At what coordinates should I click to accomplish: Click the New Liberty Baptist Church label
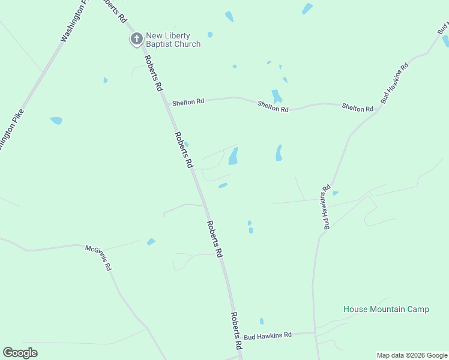pos(173,40)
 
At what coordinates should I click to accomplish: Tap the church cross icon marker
pos(136,40)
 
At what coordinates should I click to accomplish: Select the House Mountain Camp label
pos(386,310)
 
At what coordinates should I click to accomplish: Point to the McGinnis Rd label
pos(98,257)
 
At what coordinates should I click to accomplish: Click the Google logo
pos(20,353)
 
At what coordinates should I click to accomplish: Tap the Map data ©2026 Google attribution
pos(412,355)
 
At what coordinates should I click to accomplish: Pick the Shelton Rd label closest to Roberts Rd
pos(188,102)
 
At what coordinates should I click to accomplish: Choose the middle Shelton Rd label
pos(273,106)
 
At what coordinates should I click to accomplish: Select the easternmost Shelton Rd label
pos(358,107)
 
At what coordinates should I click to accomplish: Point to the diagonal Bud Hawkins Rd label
pos(394,83)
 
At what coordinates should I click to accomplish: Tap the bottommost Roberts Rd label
pos(236,331)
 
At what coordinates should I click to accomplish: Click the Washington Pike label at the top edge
pos(74,21)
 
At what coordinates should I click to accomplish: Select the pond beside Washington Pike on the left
pos(56,121)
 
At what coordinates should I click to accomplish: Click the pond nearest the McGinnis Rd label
pos(151,242)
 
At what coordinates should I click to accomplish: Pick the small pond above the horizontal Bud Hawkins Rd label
pos(261,321)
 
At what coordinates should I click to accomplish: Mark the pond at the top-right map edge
pos(445,41)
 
